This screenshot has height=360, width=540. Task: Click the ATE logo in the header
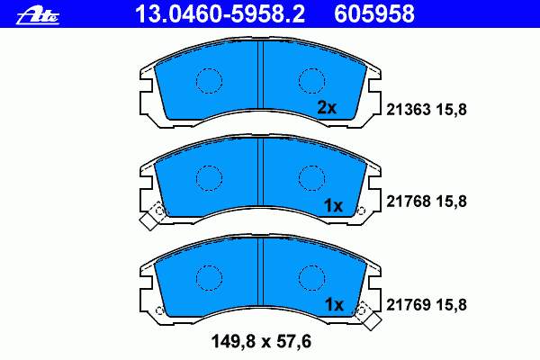[38, 16]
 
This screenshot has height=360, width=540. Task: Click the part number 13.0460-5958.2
[220, 14]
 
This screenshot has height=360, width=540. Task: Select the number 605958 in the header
[374, 14]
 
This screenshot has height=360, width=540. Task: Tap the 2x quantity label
[327, 108]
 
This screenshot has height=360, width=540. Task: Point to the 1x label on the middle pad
[333, 206]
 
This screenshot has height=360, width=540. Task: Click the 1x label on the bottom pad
[334, 304]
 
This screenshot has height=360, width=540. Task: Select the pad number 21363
[408, 110]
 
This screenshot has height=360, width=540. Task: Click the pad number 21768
[408, 202]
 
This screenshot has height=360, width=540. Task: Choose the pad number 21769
[408, 305]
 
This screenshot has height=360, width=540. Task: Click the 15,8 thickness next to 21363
[452, 110]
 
